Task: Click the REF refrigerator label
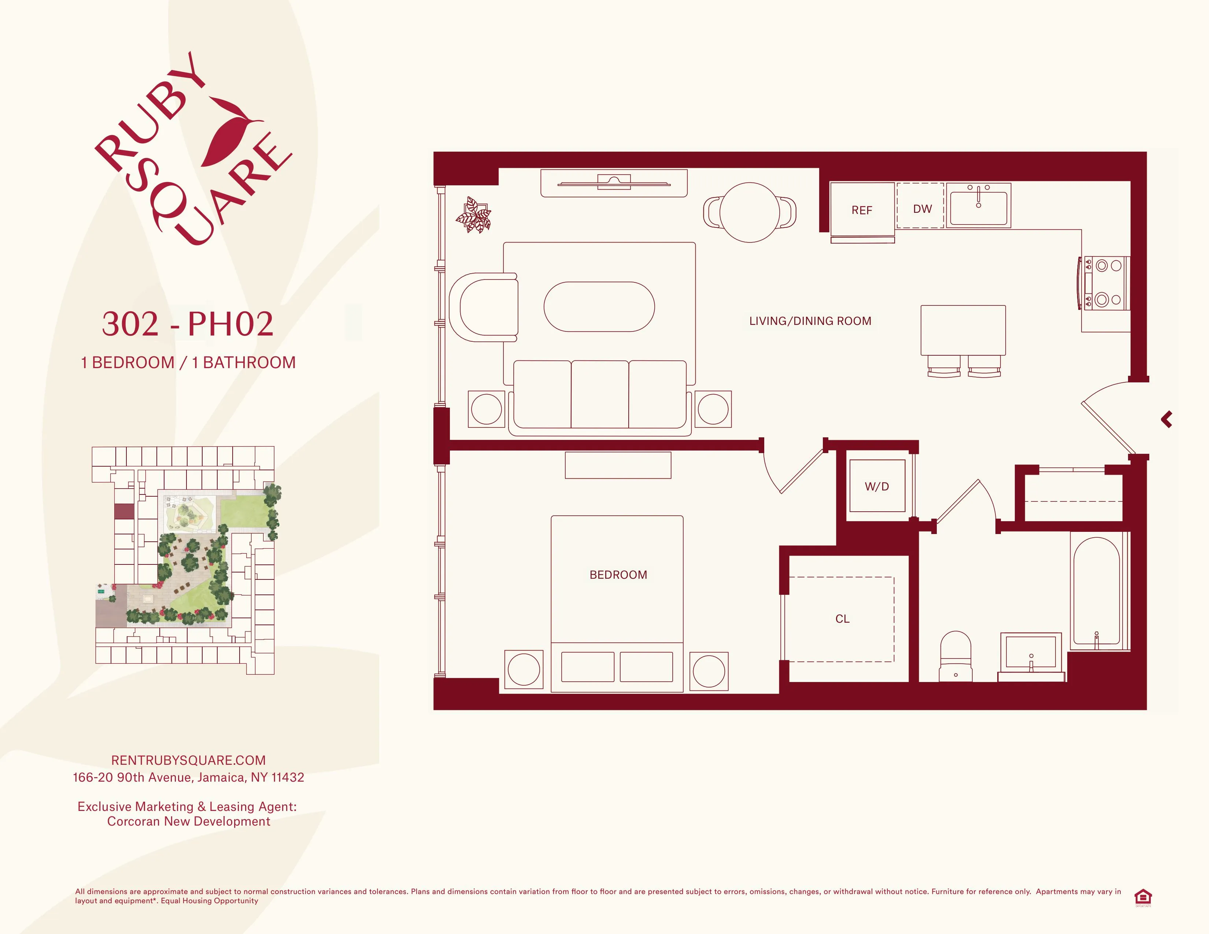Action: (x=861, y=210)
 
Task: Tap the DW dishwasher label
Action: (x=922, y=209)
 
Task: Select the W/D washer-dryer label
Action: (x=877, y=487)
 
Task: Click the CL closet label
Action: (x=842, y=619)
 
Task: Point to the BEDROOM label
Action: (x=618, y=575)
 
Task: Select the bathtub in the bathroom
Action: (x=1096, y=592)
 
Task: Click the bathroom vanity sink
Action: (x=1030, y=653)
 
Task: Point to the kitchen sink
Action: (x=978, y=205)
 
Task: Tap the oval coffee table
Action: (x=599, y=307)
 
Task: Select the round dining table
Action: (x=750, y=212)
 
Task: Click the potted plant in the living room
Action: (x=473, y=215)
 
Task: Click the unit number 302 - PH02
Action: (x=188, y=324)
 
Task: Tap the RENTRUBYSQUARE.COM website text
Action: (x=188, y=760)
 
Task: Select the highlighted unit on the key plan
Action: (x=124, y=511)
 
